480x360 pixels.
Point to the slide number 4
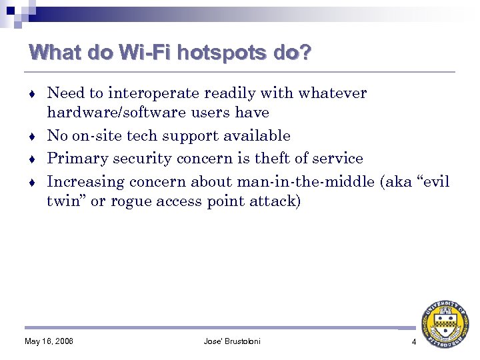click(413, 342)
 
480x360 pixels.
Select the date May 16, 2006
click(49, 342)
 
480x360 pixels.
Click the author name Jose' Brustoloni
click(232, 342)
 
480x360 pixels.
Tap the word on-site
click(95, 135)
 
